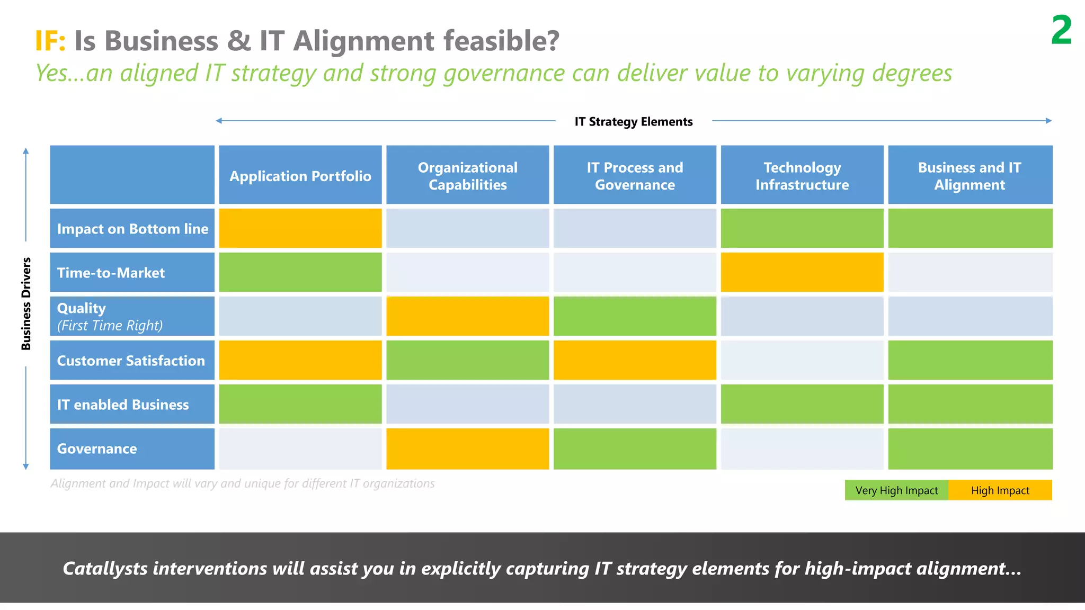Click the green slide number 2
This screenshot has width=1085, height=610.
[1061, 31]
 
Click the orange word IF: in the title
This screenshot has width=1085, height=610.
[50, 41]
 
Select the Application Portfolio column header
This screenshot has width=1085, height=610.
[300, 175]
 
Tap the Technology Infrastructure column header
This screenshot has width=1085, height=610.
[802, 175]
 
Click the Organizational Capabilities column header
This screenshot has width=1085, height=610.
[467, 175]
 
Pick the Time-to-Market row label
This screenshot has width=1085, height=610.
[111, 273]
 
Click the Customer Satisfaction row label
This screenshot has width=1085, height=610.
[131, 361]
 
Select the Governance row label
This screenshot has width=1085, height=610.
[97, 448]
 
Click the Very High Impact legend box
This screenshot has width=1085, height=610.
[896, 490]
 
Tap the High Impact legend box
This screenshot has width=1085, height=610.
[1000, 490]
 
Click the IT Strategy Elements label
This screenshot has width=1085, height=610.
[634, 122]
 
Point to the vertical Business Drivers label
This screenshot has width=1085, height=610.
[26, 304]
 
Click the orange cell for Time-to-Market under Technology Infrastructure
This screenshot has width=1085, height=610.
[802, 272]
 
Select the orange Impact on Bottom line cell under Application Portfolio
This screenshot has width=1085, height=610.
[300, 228]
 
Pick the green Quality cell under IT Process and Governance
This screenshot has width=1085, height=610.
[635, 316]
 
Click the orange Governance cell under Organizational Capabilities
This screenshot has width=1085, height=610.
[467, 448]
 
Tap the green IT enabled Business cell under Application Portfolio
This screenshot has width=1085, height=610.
[300, 404]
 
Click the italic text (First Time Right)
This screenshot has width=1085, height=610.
[110, 326]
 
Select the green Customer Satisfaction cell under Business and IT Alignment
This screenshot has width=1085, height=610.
[970, 360]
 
